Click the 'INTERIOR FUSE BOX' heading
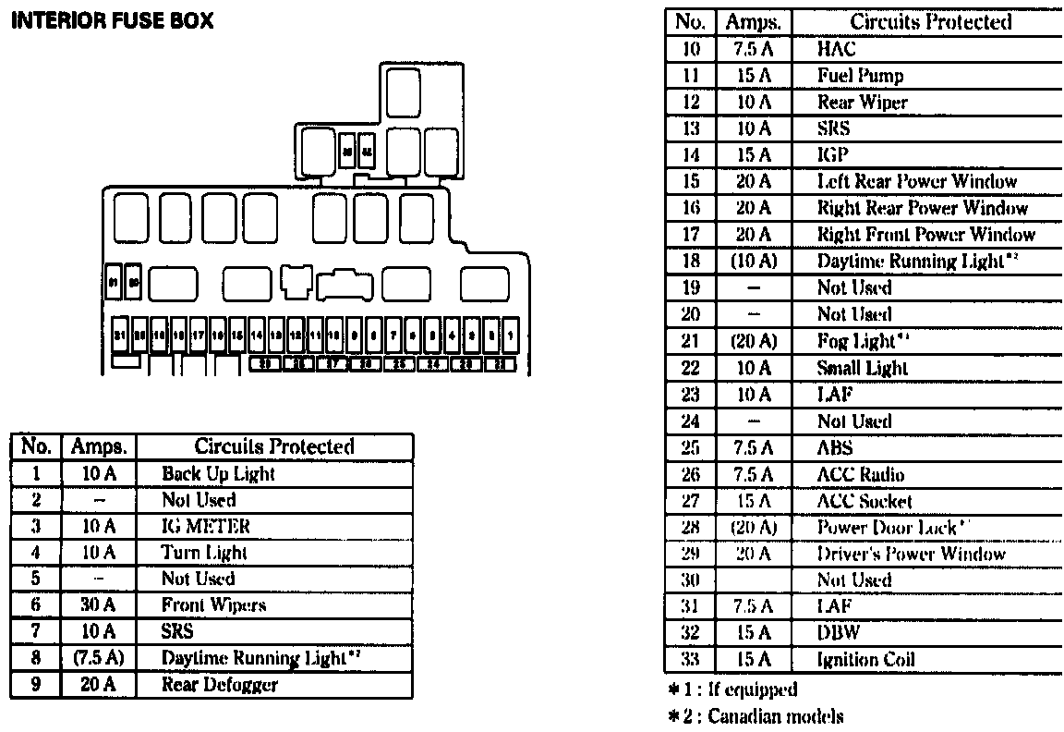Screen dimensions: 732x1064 tap(111, 20)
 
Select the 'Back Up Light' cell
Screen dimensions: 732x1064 tap(218, 474)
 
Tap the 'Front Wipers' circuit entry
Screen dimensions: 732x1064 tap(213, 605)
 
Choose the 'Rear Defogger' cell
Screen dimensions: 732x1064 tap(219, 685)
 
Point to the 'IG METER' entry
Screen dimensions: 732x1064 tap(206, 527)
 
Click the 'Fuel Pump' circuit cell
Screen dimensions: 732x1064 tap(860, 76)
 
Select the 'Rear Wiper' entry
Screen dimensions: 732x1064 tap(863, 103)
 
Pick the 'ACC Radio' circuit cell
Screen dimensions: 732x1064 tap(861, 475)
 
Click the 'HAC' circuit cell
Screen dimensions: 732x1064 tap(836, 49)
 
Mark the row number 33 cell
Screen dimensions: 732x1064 tap(691, 660)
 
